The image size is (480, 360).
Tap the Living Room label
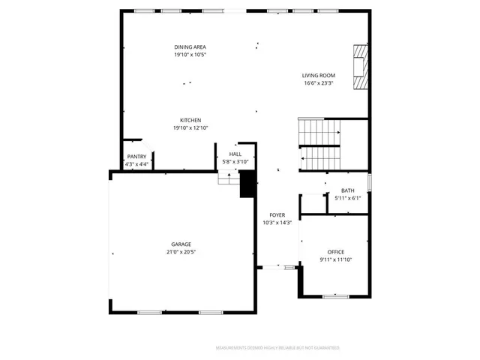tap(319, 75)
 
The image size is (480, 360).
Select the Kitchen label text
tap(190, 120)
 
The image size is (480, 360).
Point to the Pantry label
tap(136, 157)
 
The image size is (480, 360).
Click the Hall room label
tap(235, 154)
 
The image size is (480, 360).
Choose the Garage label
tap(181, 244)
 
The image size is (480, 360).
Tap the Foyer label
tap(277, 214)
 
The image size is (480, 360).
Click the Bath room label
tap(348, 190)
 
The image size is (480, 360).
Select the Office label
tap(335, 251)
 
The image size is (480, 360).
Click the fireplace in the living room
tap(361, 67)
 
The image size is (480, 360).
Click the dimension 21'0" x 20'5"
tap(181, 252)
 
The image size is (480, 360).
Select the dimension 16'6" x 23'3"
tap(319, 83)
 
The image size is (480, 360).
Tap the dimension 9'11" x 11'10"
tap(335, 259)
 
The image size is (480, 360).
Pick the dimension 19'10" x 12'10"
tap(190, 128)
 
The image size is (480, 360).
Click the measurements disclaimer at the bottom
tap(277, 348)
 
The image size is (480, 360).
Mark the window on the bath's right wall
tap(369, 182)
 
